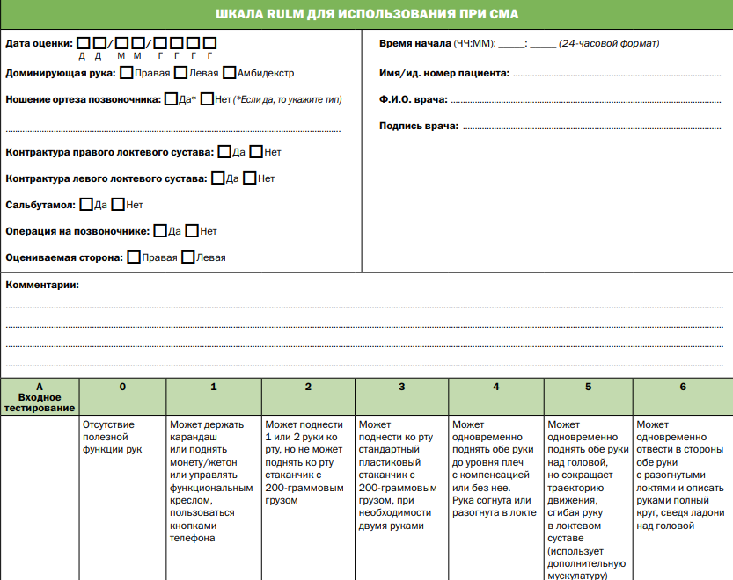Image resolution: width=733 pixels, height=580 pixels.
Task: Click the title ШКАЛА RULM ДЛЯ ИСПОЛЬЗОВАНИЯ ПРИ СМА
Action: pos(366,14)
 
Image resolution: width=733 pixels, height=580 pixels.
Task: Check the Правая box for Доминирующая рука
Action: pos(128,73)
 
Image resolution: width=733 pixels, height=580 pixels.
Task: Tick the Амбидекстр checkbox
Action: pos(230,73)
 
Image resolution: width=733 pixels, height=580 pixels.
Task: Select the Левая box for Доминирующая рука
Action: pos(180,73)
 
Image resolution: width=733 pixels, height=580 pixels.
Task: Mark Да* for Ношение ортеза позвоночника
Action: pos(171,99)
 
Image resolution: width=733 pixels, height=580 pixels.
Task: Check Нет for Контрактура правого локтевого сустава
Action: pos(256,152)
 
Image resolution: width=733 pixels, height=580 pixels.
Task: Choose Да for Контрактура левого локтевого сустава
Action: pos(218,178)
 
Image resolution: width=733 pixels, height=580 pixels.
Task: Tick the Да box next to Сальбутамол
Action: pos(86,205)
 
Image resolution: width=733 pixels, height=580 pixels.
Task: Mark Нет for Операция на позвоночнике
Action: pos(192,231)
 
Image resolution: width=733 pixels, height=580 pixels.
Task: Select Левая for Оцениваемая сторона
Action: pos(187,257)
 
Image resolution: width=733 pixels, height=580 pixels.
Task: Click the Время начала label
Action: pos(414,43)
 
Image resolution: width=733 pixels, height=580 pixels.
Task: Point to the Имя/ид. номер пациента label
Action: pos(443,73)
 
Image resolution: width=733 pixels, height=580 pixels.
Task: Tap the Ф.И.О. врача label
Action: pos(413,99)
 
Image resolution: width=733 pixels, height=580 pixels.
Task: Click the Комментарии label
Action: pos(42,285)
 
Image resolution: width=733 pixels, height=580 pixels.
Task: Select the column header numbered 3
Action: pos(401,387)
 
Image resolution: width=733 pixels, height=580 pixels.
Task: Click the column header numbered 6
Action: pos(682,387)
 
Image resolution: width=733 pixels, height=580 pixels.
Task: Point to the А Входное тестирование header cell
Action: pos(39,397)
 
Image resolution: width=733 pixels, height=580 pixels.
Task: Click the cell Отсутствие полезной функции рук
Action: pos(112,437)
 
